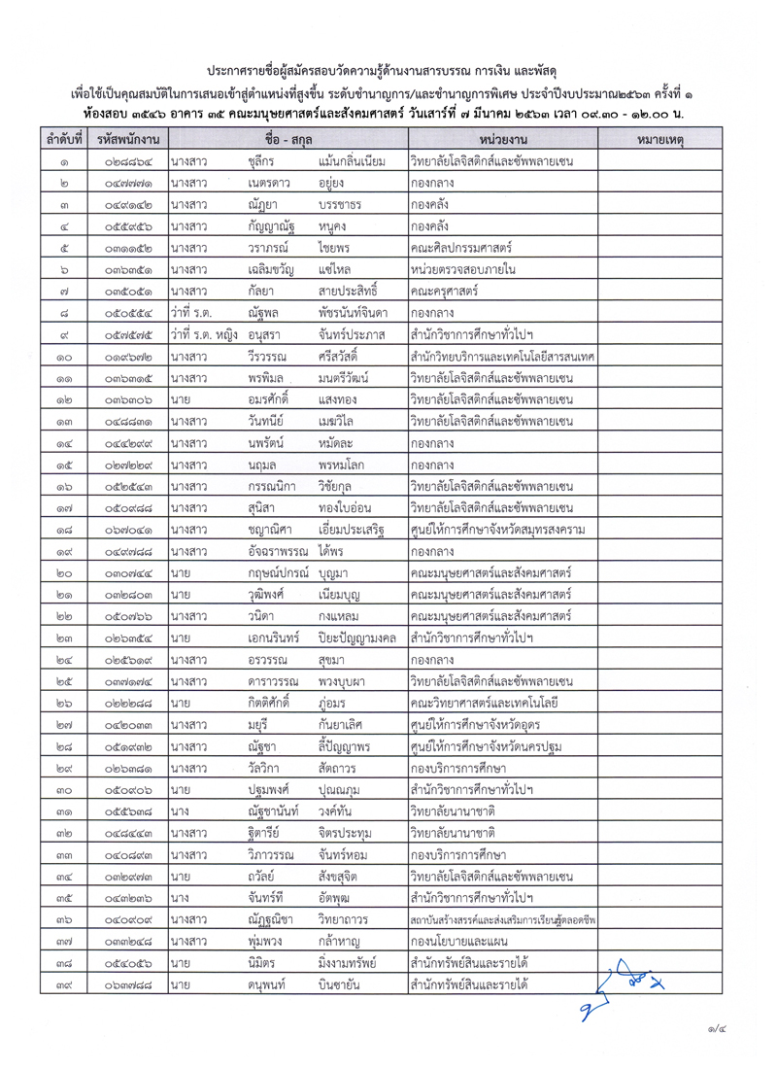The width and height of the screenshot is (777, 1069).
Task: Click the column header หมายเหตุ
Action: [x=662, y=141]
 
